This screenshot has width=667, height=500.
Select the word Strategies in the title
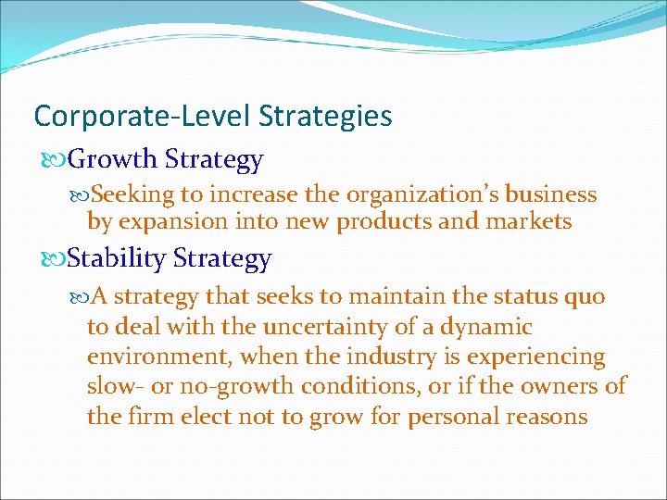325,117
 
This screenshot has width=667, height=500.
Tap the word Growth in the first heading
113,160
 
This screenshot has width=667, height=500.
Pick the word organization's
402,194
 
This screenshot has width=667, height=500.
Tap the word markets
531,222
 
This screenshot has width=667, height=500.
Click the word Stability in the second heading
117,258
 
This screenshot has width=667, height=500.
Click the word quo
585,297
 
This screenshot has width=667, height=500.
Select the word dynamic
487,327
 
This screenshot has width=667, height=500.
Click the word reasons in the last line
547,417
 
